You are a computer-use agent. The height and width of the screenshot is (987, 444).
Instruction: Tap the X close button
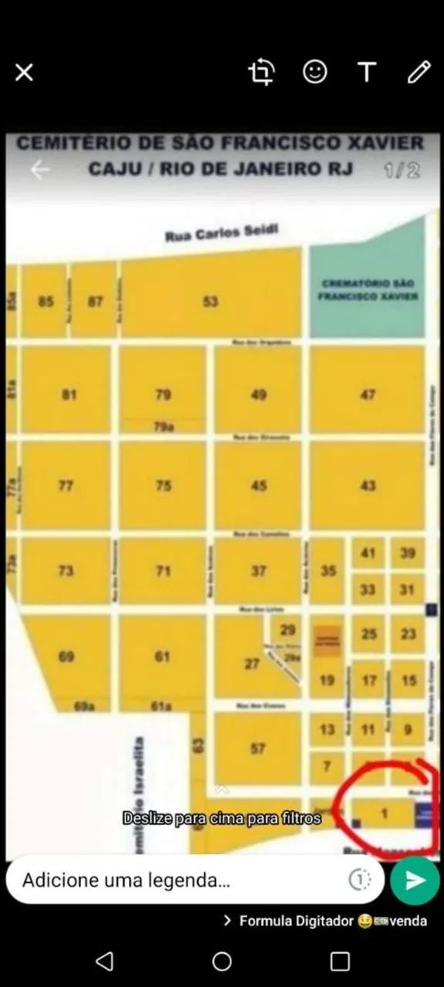click(24, 72)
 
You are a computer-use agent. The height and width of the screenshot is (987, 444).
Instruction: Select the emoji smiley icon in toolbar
click(314, 72)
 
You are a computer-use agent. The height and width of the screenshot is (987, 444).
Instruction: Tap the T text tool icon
click(367, 72)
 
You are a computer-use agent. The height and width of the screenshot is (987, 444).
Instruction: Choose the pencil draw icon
click(419, 72)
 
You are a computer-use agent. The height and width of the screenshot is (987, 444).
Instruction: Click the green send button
click(415, 880)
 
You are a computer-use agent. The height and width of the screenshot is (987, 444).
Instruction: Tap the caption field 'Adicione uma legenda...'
click(177, 880)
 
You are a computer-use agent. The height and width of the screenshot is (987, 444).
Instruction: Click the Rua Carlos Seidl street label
click(221, 234)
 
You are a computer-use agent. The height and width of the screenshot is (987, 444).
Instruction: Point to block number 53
click(210, 301)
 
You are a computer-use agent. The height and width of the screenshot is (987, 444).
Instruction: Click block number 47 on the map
click(368, 394)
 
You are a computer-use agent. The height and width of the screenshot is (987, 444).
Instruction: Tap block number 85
click(45, 301)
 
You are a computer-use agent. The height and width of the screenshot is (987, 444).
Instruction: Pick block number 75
click(163, 485)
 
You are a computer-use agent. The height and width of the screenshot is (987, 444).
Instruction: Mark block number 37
click(259, 571)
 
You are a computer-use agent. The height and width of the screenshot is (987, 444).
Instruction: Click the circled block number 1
click(385, 812)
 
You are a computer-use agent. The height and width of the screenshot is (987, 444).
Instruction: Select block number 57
click(258, 748)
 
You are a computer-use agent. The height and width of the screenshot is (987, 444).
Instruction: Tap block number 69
click(66, 656)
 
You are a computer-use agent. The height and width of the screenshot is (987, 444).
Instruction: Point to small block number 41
click(368, 553)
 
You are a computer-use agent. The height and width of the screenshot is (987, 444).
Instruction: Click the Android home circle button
click(222, 961)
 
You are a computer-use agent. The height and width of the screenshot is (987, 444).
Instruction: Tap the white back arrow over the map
click(39, 170)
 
